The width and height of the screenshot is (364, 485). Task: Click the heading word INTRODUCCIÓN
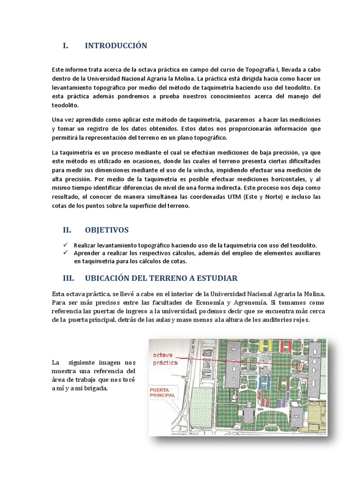pos(116,46)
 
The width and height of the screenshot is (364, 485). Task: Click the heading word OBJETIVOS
pos(107,230)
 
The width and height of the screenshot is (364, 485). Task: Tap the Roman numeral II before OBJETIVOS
pos(67,230)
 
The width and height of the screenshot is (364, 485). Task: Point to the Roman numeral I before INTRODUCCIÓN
pos(66,46)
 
